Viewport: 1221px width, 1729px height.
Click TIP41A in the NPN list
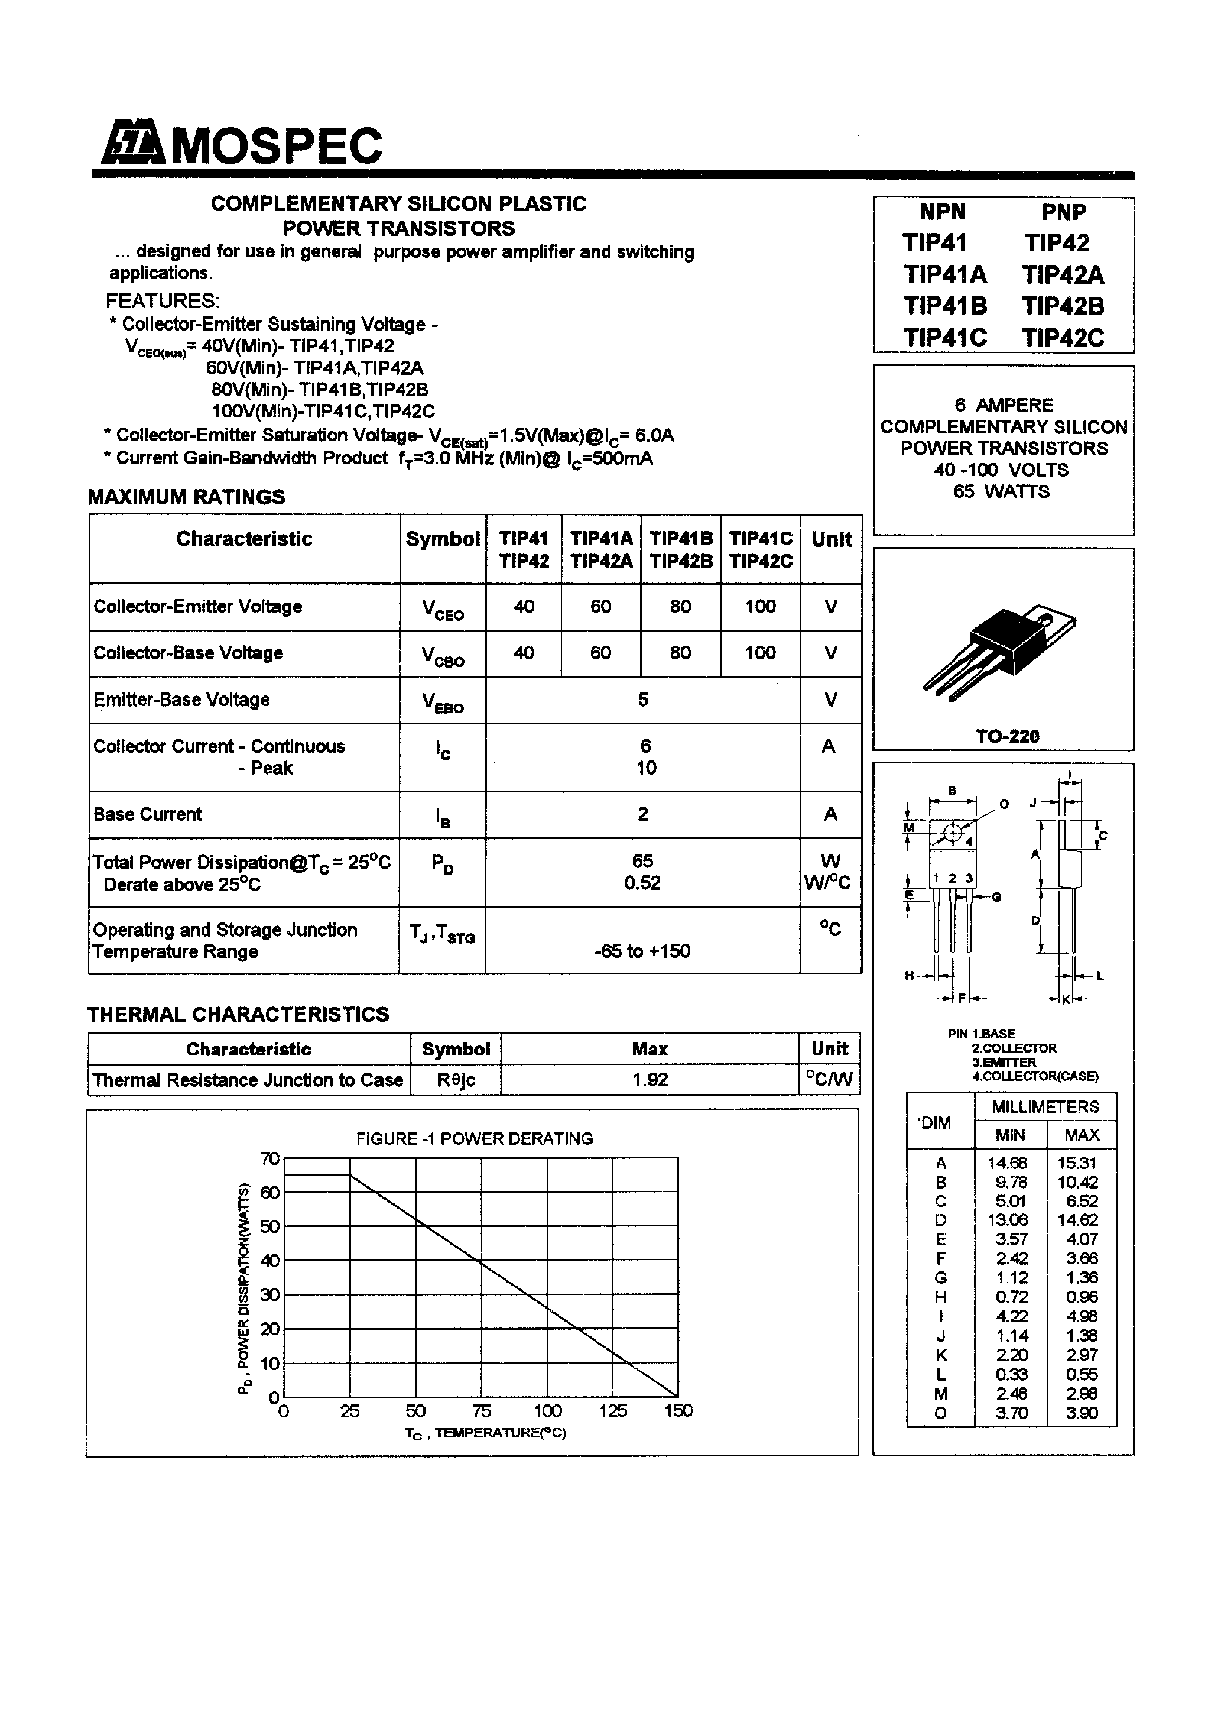click(945, 274)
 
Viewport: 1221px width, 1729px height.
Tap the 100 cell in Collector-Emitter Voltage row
click(759, 606)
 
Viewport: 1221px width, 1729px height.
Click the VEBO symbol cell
click(442, 702)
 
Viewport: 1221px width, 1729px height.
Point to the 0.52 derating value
click(642, 883)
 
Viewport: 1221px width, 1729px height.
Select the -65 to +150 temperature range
click(642, 951)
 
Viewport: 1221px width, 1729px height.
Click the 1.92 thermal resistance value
click(650, 1080)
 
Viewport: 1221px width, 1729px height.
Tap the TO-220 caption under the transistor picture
click(1007, 737)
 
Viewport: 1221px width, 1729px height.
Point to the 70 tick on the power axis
click(269, 1159)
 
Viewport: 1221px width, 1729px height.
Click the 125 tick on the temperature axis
click(613, 1410)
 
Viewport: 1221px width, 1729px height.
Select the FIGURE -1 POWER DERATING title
click(474, 1139)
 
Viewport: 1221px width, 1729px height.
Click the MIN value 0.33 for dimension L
click(1011, 1374)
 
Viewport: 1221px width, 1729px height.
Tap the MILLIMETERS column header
click(1045, 1106)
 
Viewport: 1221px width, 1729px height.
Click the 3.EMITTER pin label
click(1004, 1062)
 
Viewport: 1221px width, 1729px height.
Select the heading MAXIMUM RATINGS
click(187, 497)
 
